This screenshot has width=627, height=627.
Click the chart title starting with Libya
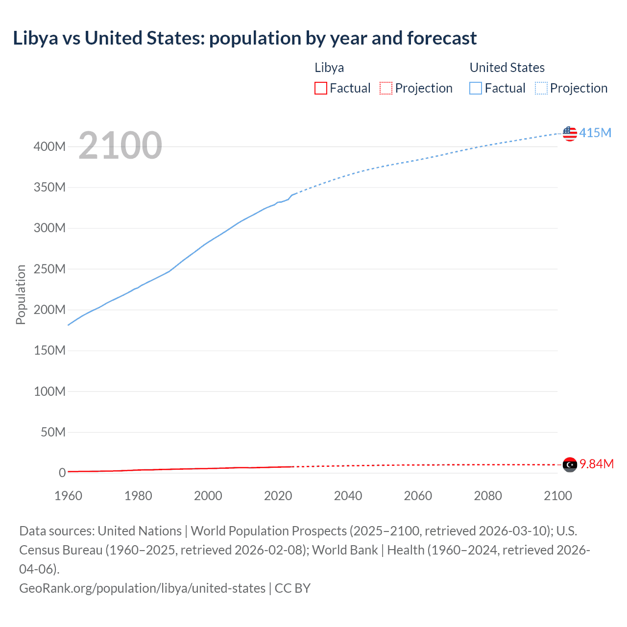click(244, 38)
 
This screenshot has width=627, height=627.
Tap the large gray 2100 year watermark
click(120, 145)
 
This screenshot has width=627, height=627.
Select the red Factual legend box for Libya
click(320, 88)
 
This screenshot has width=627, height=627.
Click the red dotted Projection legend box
click(386, 88)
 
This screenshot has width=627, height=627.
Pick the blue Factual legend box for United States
click(475, 88)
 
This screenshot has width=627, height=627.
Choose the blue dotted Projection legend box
click(541, 88)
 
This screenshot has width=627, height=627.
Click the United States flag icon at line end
click(570, 133)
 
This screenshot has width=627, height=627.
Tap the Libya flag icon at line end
click(570, 464)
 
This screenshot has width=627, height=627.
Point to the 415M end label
click(595, 133)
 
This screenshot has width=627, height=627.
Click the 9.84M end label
click(597, 464)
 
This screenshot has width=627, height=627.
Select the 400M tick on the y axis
click(49, 146)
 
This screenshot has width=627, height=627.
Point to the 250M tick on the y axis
click(49, 269)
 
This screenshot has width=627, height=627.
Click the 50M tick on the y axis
click(53, 432)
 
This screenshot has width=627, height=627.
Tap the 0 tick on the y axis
click(62, 473)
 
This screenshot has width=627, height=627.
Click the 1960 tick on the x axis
click(68, 496)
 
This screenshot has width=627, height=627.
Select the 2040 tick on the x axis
click(348, 496)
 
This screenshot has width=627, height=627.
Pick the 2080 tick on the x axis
click(488, 496)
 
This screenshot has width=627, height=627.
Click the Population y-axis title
click(21, 294)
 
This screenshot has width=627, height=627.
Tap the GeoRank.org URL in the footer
click(142, 588)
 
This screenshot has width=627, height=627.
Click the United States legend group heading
click(507, 68)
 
